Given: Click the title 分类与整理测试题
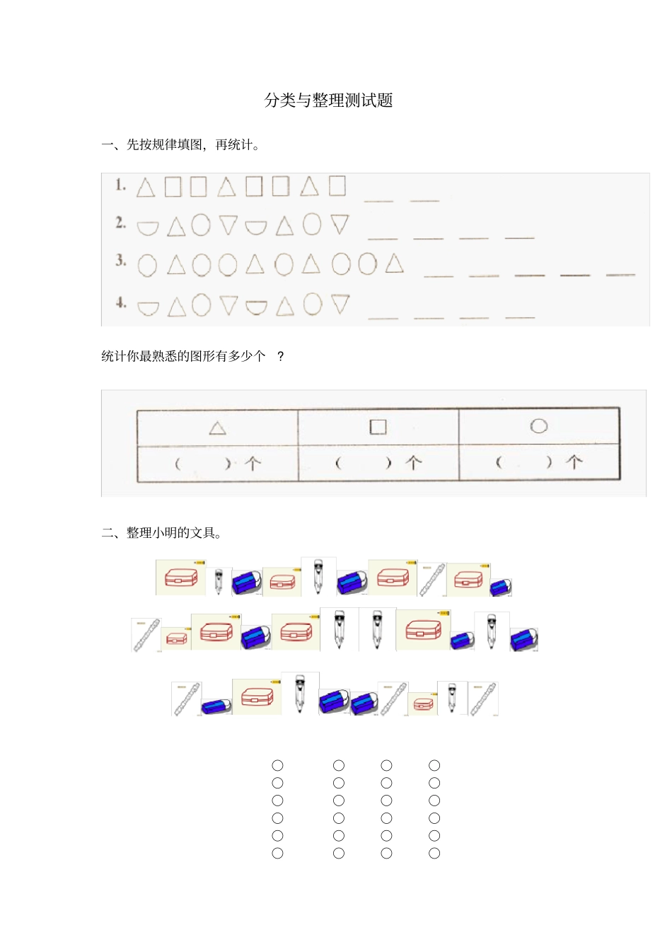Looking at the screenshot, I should [x=328, y=101].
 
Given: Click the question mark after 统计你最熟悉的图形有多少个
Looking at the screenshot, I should [x=281, y=356].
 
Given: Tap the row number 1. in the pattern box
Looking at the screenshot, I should [x=121, y=185].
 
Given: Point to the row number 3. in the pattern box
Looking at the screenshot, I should [x=121, y=260].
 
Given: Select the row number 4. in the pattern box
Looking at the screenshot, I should [x=121, y=303].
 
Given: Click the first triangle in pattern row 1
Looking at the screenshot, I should [x=146, y=188].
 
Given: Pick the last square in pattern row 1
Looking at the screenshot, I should [x=337, y=185].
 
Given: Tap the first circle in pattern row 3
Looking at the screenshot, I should [x=147, y=265].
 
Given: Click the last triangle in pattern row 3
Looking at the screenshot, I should [x=395, y=263].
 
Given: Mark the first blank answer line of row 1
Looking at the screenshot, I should [x=378, y=201].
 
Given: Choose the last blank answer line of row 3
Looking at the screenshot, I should [x=620, y=275].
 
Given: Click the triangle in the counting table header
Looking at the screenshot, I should [x=218, y=428].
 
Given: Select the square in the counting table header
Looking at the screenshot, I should [x=378, y=427].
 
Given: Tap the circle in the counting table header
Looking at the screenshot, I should [x=539, y=425].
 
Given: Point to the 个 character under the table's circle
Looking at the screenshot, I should [x=574, y=463].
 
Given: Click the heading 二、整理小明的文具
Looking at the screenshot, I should [x=162, y=533].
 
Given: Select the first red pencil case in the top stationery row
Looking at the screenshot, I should [x=180, y=578].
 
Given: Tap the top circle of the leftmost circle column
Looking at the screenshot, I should [x=277, y=765].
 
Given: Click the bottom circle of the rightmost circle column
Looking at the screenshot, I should [x=434, y=854].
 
